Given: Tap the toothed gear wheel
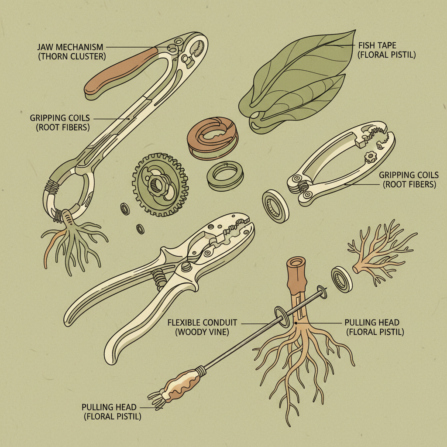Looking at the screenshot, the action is pos(160,185).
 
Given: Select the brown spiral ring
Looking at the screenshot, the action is pos(212,138).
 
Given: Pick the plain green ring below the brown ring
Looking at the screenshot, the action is pos(225,175).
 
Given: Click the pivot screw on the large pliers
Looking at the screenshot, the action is pos(186,266).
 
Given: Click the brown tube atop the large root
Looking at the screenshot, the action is pos(297,275).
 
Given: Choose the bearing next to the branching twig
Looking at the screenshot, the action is pos(341,279).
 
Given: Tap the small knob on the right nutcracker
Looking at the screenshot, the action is pos(371,157).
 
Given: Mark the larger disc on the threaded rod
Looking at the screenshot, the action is pos(282,317).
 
